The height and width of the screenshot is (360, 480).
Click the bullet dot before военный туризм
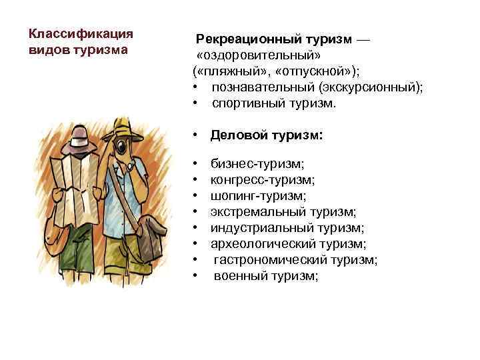pyautogui.click(x=195, y=276)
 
